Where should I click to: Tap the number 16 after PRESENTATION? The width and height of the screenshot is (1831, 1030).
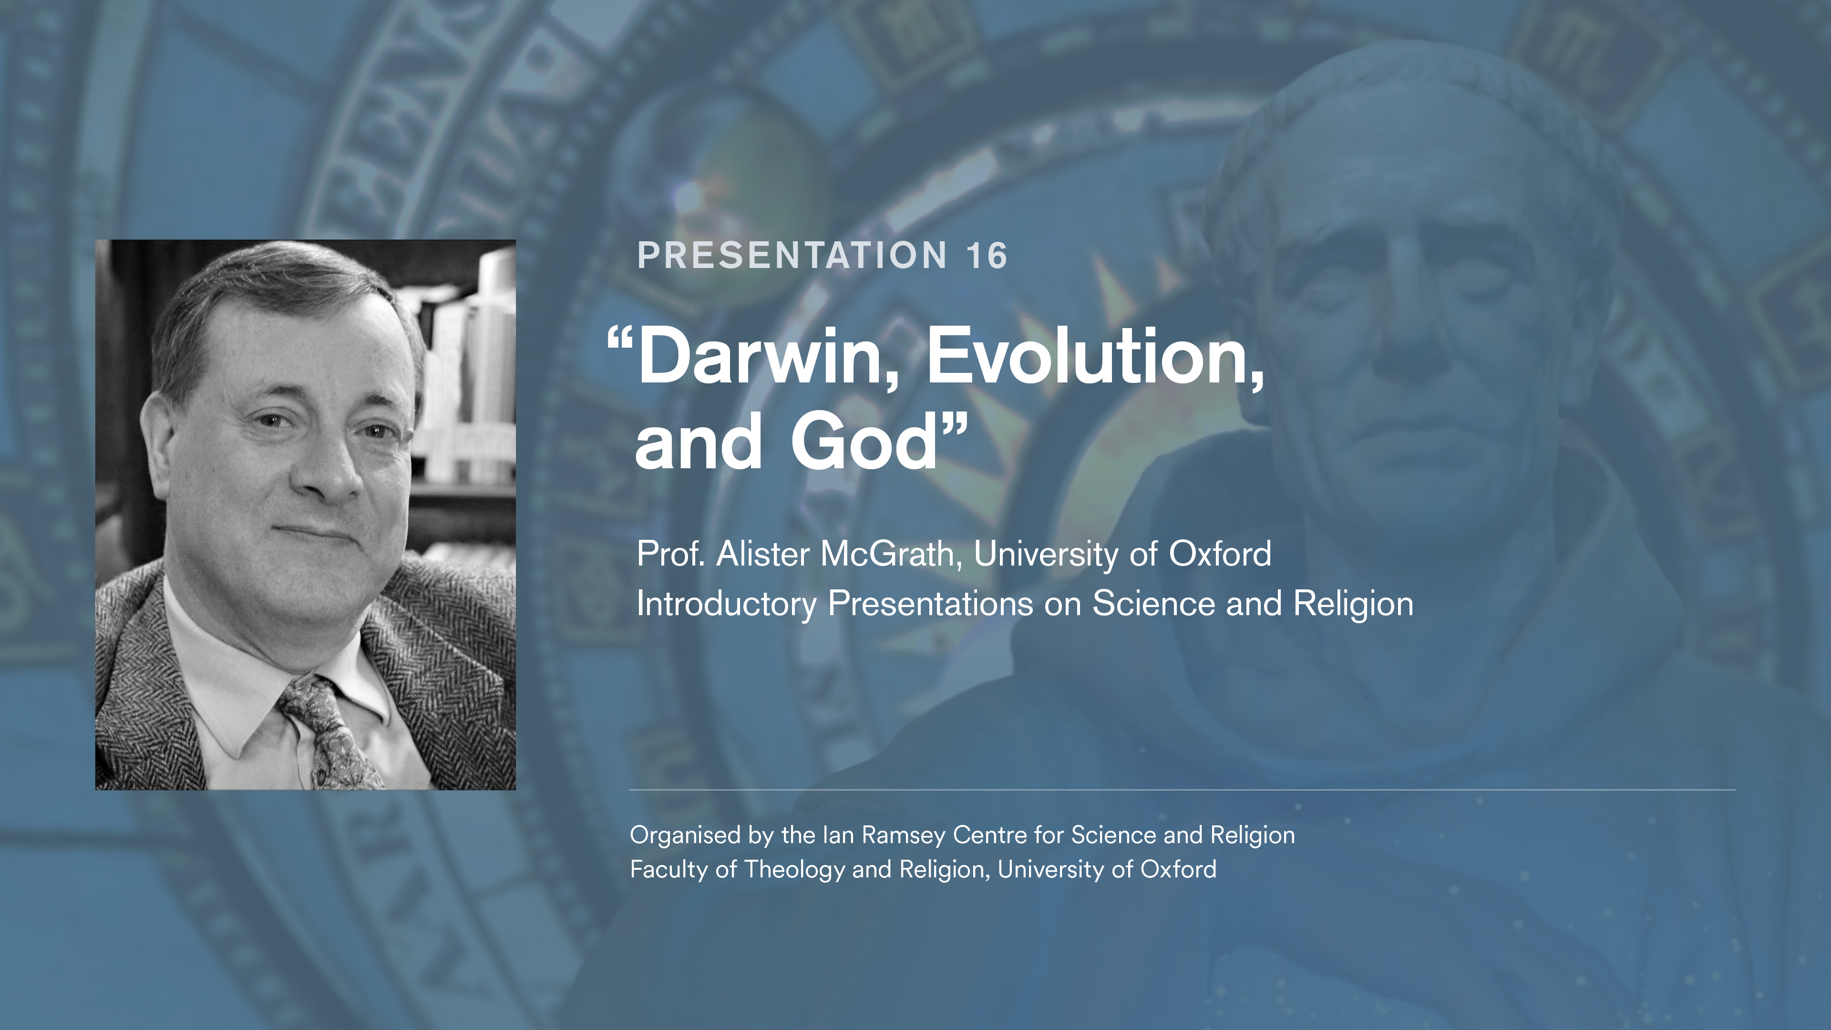pos(987,256)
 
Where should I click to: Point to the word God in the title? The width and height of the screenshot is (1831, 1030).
pos(864,442)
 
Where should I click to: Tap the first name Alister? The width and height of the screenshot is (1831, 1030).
pos(763,554)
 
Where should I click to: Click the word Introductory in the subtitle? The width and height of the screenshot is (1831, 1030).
pos(726,604)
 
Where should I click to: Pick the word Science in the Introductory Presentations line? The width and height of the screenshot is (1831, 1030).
pos(1153,604)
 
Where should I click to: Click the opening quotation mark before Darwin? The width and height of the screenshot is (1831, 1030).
pos(620,340)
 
